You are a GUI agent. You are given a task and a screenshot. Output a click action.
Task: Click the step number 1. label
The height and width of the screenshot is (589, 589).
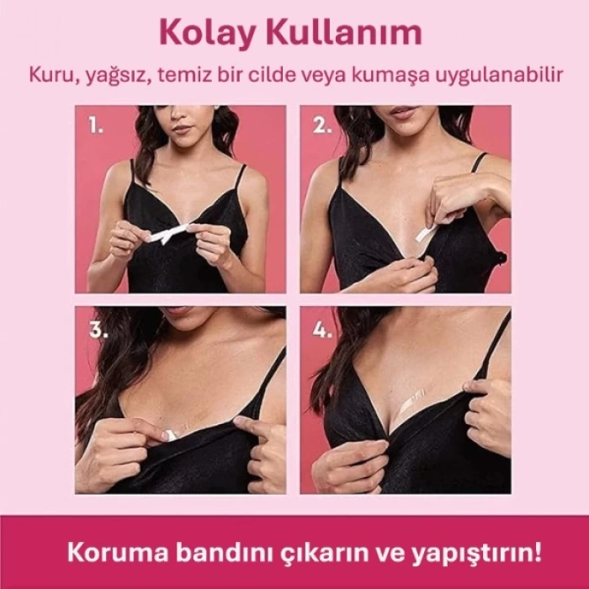click(x=97, y=126)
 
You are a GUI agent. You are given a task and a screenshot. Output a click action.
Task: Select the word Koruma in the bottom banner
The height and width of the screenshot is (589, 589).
click(x=109, y=555)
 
